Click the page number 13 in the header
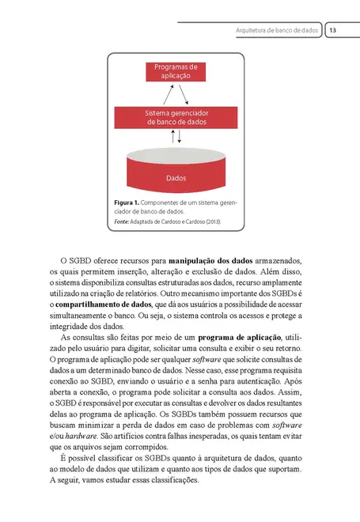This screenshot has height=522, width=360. pos(333,31)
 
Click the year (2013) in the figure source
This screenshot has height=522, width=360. pos(211,222)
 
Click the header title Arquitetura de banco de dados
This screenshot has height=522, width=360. pos(276,31)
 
